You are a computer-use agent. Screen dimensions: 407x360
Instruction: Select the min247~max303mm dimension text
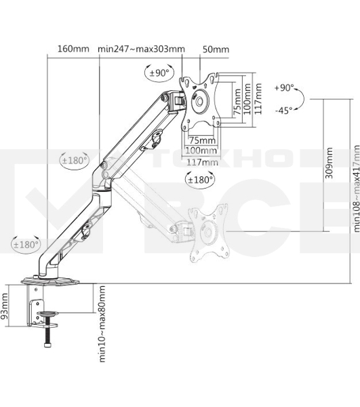[141, 49]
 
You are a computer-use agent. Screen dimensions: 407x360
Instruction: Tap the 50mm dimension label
[216, 49]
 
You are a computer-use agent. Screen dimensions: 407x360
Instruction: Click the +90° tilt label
[285, 88]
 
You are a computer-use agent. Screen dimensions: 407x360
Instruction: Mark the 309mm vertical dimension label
[329, 164]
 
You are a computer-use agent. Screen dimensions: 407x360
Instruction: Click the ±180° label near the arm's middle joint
[75, 161]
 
